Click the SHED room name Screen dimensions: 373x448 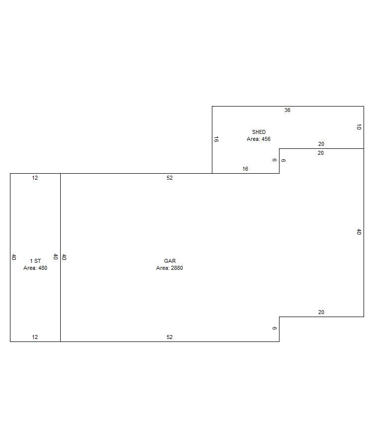pyautogui.click(x=259, y=132)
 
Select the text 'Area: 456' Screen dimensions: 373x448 pyautogui.click(x=259, y=139)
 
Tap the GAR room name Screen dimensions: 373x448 pyautogui.click(x=170, y=261)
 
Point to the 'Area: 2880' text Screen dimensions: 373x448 pyautogui.click(x=170, y=268)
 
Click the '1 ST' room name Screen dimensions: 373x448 pyautogui.click(x=35, y=261)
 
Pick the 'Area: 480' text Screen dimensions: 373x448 pyautogui.click(x=35, y=268)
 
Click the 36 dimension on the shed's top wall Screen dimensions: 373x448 pyautogui.click(x=287, y=111)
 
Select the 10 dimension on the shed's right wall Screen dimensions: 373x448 pyautogui.click(x=359, y=127)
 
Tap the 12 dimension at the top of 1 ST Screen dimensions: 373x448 pyautogui.click(x=35, y=178)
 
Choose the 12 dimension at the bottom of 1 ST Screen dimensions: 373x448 pyautogui.click(x=35, y=337)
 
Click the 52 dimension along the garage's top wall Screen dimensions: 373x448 pyautogui.click(x=170, y=178)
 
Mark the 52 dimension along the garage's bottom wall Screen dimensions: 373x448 pyautogui.click(x=170, y=337)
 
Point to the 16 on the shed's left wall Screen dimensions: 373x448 pyautogui.click(x=216, y=139)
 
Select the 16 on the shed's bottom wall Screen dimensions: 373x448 pyautogui.click(x=245, y=169)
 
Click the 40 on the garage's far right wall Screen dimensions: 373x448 pyautogui.click(x=359, y=231)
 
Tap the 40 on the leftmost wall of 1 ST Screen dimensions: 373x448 pyautogui.click(x=14, y=257)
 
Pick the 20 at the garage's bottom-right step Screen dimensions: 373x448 pyautogui.click(x=321, y=312)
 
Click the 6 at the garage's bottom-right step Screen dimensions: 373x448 pyautogui.click(x=274, y=329)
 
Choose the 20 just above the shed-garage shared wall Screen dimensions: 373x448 pyautogui.click(x=321, y=144)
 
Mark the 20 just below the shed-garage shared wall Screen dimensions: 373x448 pyautogui.click(x=321, y=153)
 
